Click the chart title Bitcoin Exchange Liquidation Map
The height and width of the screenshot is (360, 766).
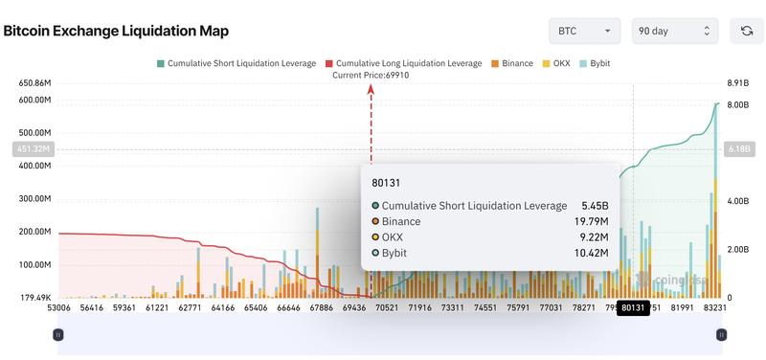pos(116,31)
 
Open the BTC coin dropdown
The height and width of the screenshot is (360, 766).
pos(585,31)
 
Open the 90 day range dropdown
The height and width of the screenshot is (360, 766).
pos(674,31)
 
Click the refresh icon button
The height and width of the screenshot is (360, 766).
pos(746,31)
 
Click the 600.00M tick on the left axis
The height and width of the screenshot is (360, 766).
pos(34,101)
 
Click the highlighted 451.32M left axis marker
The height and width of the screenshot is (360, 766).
pos(32,148)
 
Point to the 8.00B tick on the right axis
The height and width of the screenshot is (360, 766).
pos(737,104)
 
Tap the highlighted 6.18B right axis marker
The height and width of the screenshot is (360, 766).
pos(737,148)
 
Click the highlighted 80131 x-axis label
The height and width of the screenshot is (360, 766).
pos(632,308)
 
